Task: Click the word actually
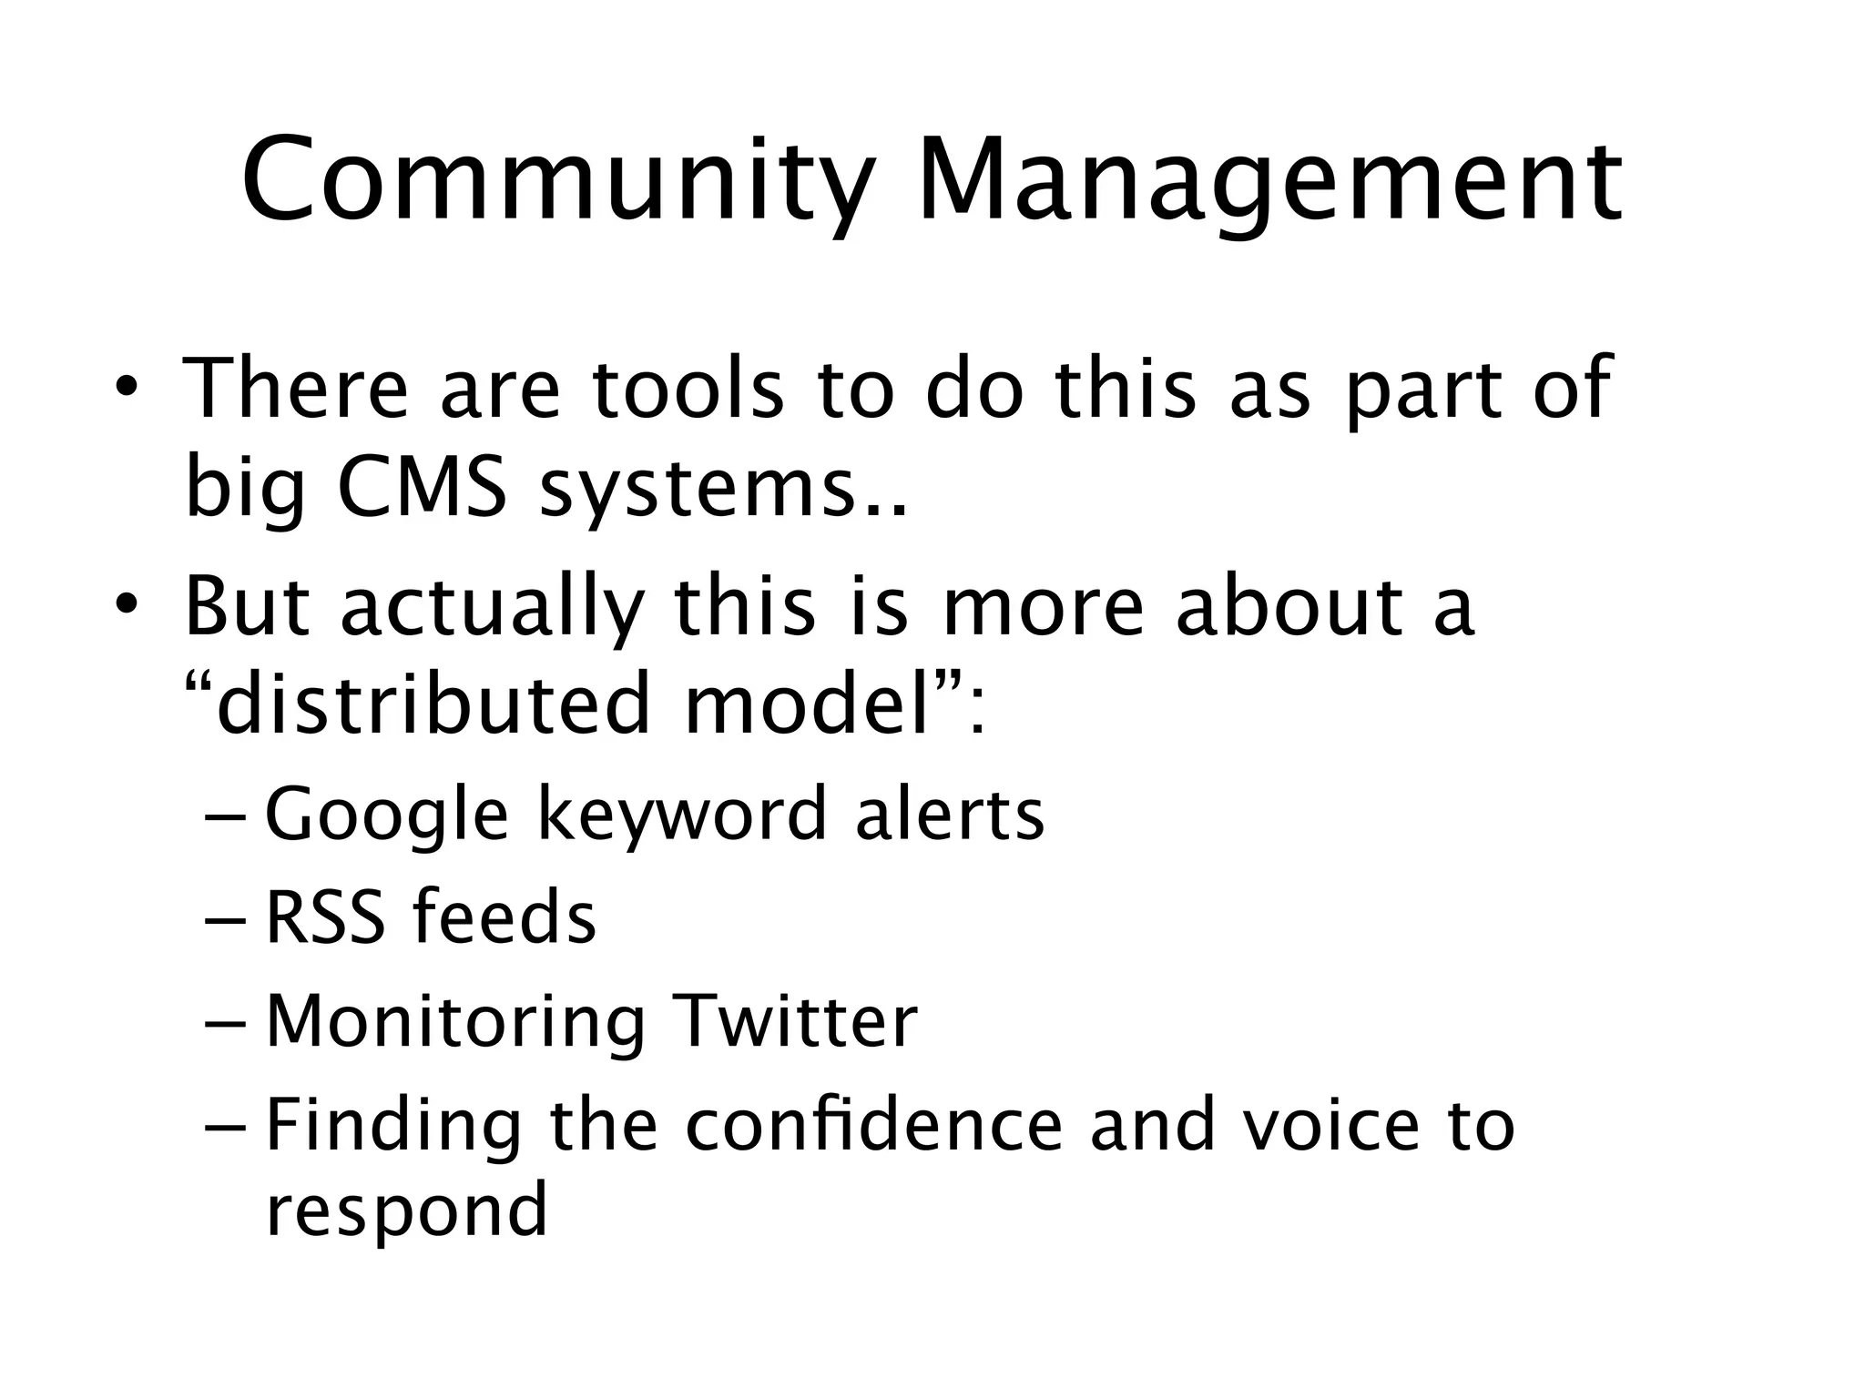(492, 608)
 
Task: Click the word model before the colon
(806, 704)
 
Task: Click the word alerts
(949, 813)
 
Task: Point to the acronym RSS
(324, 917)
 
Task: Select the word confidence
(873, 1124)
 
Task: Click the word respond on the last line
(406, 1211)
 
